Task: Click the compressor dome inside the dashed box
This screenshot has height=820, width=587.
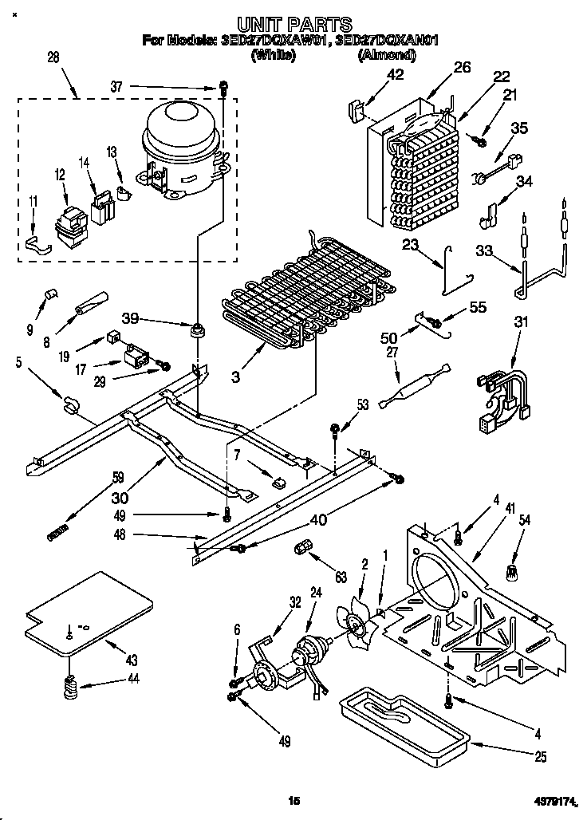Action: (182, 132)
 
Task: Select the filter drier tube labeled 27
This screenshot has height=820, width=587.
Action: (414, 385)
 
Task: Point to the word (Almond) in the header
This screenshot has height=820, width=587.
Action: (387, 55)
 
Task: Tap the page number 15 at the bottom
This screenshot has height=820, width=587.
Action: (293, 800)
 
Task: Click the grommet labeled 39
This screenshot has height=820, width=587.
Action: (195, 329)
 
